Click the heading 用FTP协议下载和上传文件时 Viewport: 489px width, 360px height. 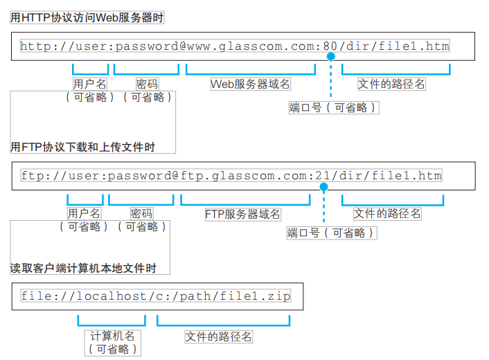click(82, 147)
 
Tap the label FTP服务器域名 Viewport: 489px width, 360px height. click(243, 214)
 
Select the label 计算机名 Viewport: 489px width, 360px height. click(112, 336)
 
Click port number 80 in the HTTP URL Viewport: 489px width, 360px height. click(331, 46)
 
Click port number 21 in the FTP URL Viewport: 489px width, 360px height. click(322, 175)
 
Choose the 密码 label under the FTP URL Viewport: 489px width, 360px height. click(141, 214)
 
